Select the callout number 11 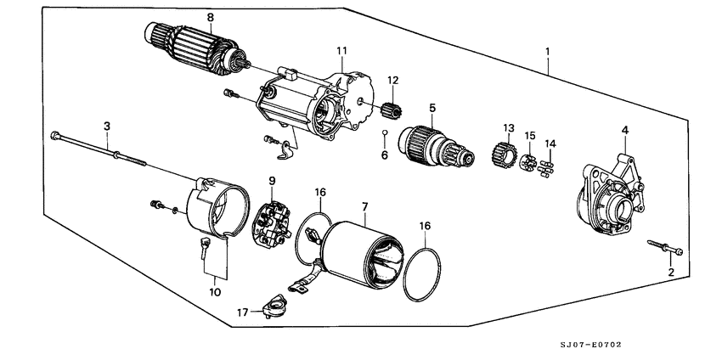341,51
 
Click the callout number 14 550,143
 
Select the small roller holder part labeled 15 527,161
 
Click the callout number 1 548,51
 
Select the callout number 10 216,292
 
